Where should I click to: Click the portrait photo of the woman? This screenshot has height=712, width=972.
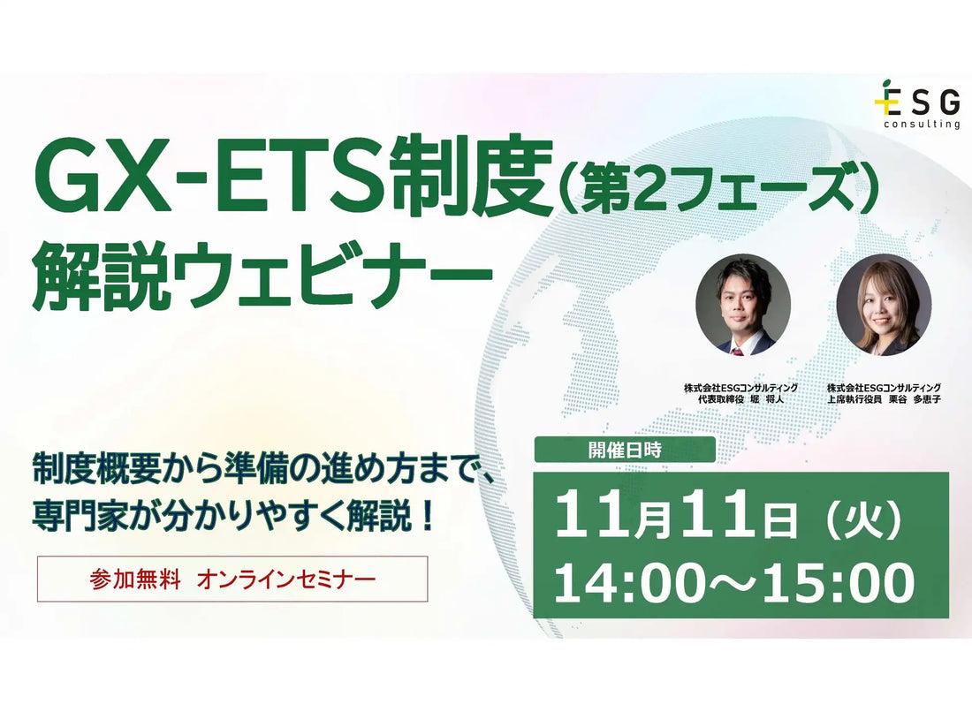pyautogui.click(x=884, y=304)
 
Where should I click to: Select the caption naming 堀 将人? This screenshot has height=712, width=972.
pyautogui.click(x=740, y=393)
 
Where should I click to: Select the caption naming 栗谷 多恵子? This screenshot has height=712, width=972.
pyautogui.click(x=884, y=393)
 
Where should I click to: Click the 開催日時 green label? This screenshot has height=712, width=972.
pyautogui.click(x=625, y=450)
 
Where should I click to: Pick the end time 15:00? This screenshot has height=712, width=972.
pyautogui.click(x=838, y=582)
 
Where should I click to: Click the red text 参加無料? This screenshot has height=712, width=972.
pyautogui.click(x=134, y=579)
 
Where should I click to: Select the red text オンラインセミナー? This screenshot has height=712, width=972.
pyautogui.click(x=285, y=579)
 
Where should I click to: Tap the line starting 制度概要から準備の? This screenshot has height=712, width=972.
pyautogui.click(x=263, y=473)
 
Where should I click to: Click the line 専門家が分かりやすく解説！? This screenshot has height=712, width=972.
pyautogui.click(x=233, y=516)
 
